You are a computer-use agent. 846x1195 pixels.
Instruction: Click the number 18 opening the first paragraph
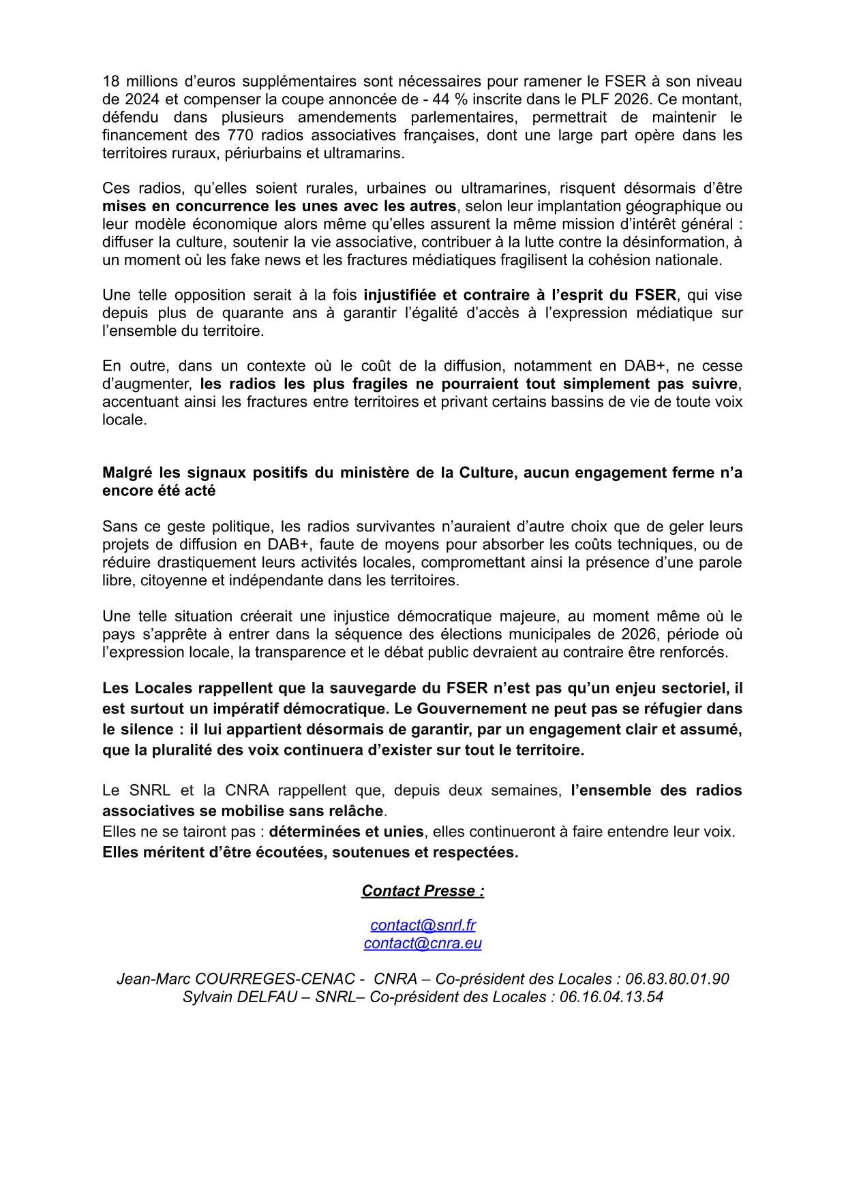click(x=110, y=82)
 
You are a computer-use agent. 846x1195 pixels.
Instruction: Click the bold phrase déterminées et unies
click(x=346, y=832)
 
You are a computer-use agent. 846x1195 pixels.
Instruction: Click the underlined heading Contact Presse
click(x=422, y=891)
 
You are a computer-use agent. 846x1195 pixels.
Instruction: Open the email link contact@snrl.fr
click(x=423, y=925)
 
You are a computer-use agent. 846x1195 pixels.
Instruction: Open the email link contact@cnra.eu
click(x=423, y=943)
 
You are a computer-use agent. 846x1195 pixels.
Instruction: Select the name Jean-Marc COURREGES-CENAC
click(x=236, y=979)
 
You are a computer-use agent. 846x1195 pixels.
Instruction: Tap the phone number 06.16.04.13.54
click(x=611, y=997)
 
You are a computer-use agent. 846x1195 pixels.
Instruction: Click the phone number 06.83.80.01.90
click(x=677, y=979)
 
